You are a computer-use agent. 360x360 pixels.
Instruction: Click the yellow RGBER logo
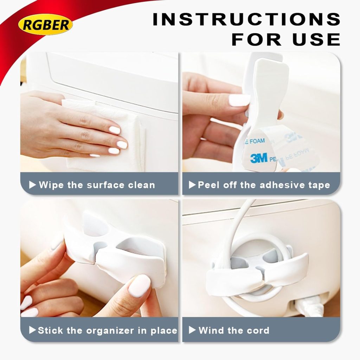pos(45,25)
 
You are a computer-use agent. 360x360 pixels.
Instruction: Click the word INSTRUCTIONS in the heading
pos(246,20)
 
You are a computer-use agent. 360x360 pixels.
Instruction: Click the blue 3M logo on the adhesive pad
pos(259,158)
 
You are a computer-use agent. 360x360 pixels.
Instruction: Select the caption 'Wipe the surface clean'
pos(97,185)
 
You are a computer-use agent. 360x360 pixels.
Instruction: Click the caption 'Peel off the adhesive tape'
pos(264,185)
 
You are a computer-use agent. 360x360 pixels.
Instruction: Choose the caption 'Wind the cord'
pos(234,330)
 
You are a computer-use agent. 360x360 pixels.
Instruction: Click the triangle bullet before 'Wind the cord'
pos(192,330)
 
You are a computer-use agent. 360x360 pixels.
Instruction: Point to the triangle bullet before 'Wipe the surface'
pos(33,185)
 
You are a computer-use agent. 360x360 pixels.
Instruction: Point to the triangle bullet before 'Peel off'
pos(192,185)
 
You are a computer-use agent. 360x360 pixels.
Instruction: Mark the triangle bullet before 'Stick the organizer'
pos(33,330)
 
